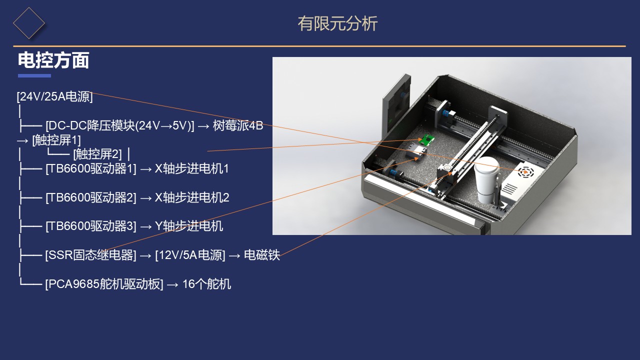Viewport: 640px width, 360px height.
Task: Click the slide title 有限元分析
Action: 337,23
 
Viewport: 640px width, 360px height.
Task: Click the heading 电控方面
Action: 53,60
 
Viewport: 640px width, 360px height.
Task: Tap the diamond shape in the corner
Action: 29,23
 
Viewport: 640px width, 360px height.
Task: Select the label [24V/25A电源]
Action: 54,96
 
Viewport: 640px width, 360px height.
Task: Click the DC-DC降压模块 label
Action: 119,125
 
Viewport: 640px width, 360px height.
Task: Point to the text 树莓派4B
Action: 237,125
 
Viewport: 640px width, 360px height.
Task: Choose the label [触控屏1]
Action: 56,140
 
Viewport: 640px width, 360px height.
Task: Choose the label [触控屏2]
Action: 97,154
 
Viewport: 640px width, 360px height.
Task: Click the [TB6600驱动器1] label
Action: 91,168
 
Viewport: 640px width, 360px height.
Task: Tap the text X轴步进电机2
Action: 191,197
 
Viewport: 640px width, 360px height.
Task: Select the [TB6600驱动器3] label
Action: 91,226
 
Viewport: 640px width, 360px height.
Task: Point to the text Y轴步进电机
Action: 188,226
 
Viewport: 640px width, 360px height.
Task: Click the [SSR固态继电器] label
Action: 90,255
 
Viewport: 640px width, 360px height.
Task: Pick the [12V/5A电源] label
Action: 190,255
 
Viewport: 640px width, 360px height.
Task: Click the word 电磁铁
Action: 261,255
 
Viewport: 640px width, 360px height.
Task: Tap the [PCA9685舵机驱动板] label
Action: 104,284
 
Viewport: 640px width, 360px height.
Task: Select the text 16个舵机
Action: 206,284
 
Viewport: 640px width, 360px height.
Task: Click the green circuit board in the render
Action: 426,139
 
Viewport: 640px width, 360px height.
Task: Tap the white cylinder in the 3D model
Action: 486,180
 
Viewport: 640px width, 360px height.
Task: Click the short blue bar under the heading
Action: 34,75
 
